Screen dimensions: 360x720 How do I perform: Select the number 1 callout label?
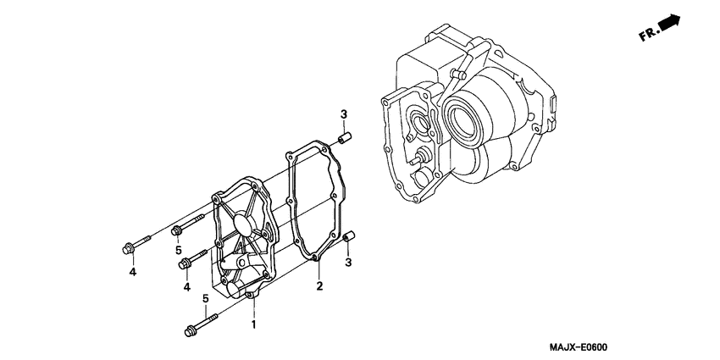click(x=252, y=324)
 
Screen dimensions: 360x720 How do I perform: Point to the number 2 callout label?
click(x=319, y=287)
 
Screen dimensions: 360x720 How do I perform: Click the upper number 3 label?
click(x=344, y=114)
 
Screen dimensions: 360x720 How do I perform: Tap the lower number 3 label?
click(x=347, y=263)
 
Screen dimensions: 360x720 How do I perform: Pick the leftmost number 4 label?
click(x=132, y=272)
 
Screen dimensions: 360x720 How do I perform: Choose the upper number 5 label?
click(x=179, y=251)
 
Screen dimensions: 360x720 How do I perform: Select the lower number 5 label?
click(x=205, y=298)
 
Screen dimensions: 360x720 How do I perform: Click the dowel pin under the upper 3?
click(x=345, y=137)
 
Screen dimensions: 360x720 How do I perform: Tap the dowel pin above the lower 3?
click(x=347, y=239)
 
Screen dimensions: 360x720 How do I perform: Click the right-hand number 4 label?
click(x=186, y=287)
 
